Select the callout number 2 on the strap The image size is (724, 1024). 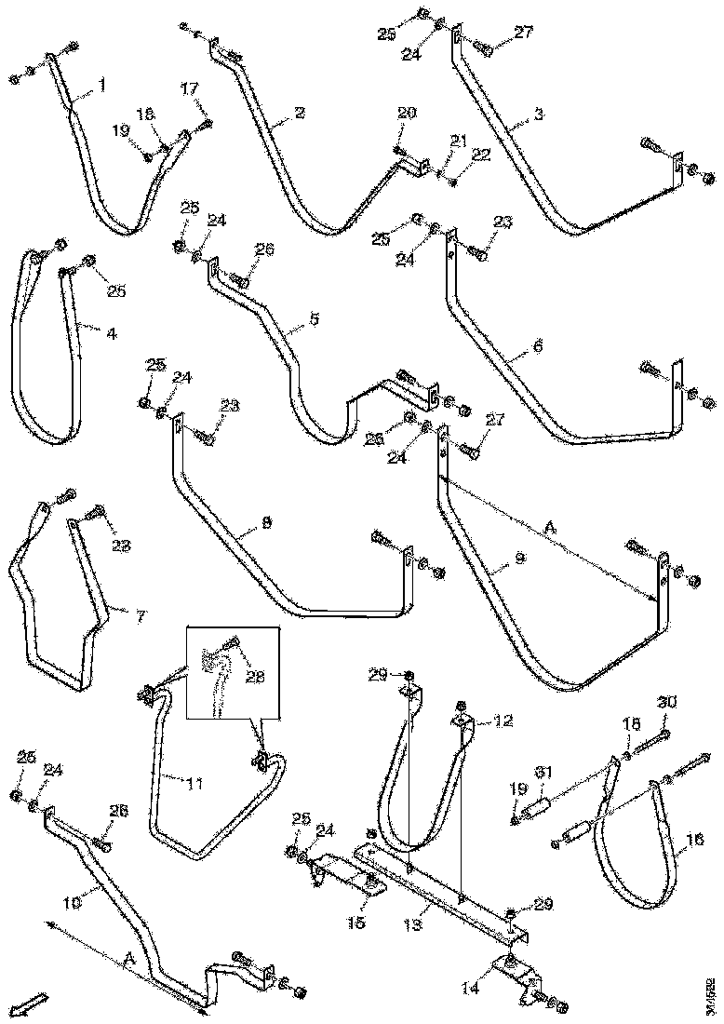tap(298, 114)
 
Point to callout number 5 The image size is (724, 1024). tap(314, 319)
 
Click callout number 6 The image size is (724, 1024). tap(536, 345)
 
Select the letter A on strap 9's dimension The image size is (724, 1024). tap(550, 527)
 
